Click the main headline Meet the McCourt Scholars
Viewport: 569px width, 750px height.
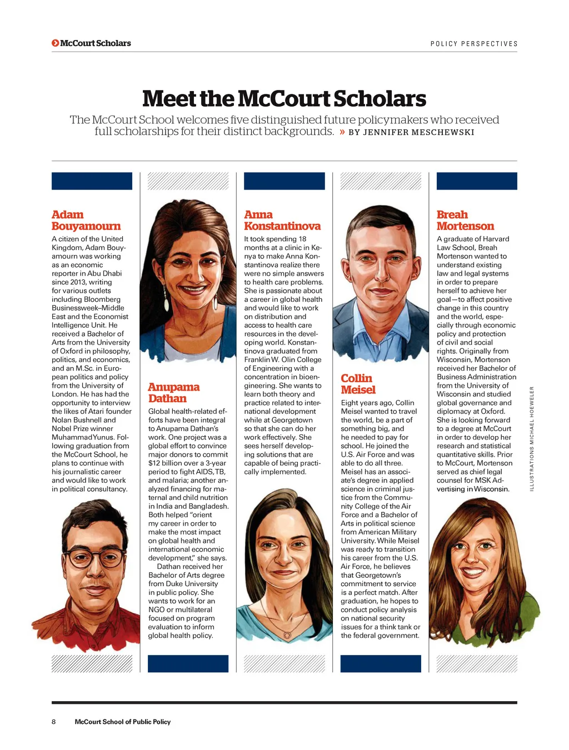click(x=284, y=99)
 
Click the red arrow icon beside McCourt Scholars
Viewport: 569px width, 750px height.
click(x=55, y=43)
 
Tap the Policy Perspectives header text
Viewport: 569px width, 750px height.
click(x=474, y=44)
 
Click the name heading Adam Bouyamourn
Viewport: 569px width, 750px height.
click(x=86, y=221)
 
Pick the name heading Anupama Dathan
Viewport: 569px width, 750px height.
click(x=173, y=393)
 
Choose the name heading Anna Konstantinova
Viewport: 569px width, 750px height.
click(x=282, y=221)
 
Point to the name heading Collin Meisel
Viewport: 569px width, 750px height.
click(x=358, y=384)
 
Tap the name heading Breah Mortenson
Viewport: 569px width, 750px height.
click(x=465, y=221)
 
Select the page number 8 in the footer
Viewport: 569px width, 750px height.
click(x=54, y=722)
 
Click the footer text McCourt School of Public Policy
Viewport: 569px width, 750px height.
click(x=123, y=722)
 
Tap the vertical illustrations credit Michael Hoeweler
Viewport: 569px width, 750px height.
click(x=532, y=438)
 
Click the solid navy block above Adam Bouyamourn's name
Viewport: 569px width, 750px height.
click(x=92, y=181)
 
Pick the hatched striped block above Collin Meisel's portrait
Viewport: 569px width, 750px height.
click(x=381, y=181)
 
